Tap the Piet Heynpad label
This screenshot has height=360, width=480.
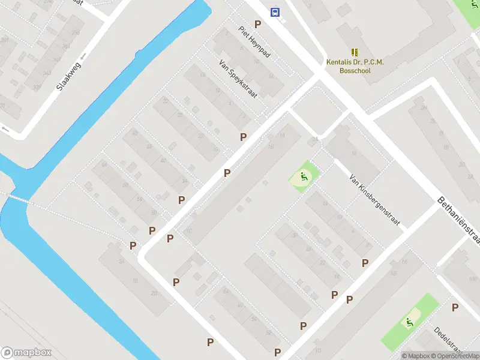pos(254,42)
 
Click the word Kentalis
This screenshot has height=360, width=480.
pos(339,62)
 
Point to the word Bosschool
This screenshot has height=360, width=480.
pos(355,70)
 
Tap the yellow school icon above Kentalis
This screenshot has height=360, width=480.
pos(354,52)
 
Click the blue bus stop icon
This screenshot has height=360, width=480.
pos(275,12)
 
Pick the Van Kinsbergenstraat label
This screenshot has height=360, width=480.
pos(374,202)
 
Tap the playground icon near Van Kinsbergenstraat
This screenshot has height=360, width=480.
pos(304,177)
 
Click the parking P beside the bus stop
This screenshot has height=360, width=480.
pos(258,24)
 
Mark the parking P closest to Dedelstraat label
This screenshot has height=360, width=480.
pos(455,307)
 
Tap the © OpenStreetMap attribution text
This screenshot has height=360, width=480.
pos(455,356)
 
